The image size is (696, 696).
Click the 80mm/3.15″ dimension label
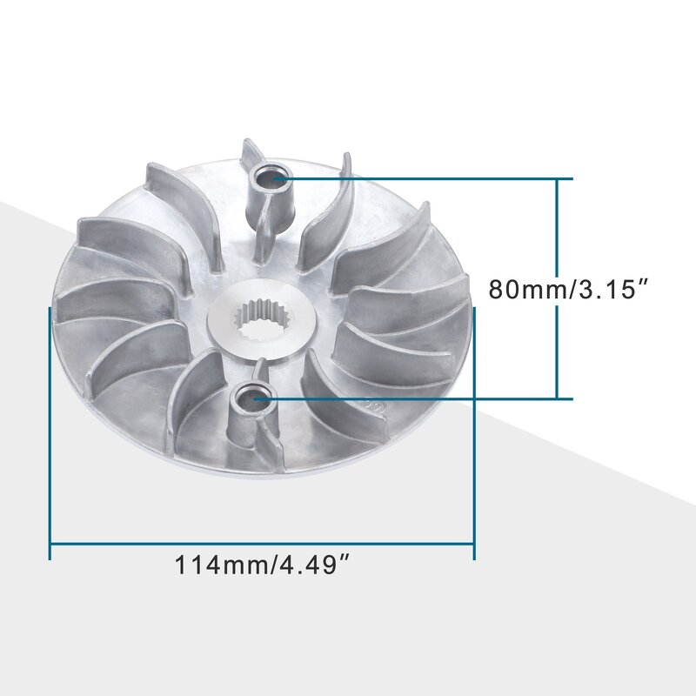569,289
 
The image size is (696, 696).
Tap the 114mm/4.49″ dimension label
263,565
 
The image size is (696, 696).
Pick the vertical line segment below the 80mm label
557,352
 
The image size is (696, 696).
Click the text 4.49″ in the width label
313,565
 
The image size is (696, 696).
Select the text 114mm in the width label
222,565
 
